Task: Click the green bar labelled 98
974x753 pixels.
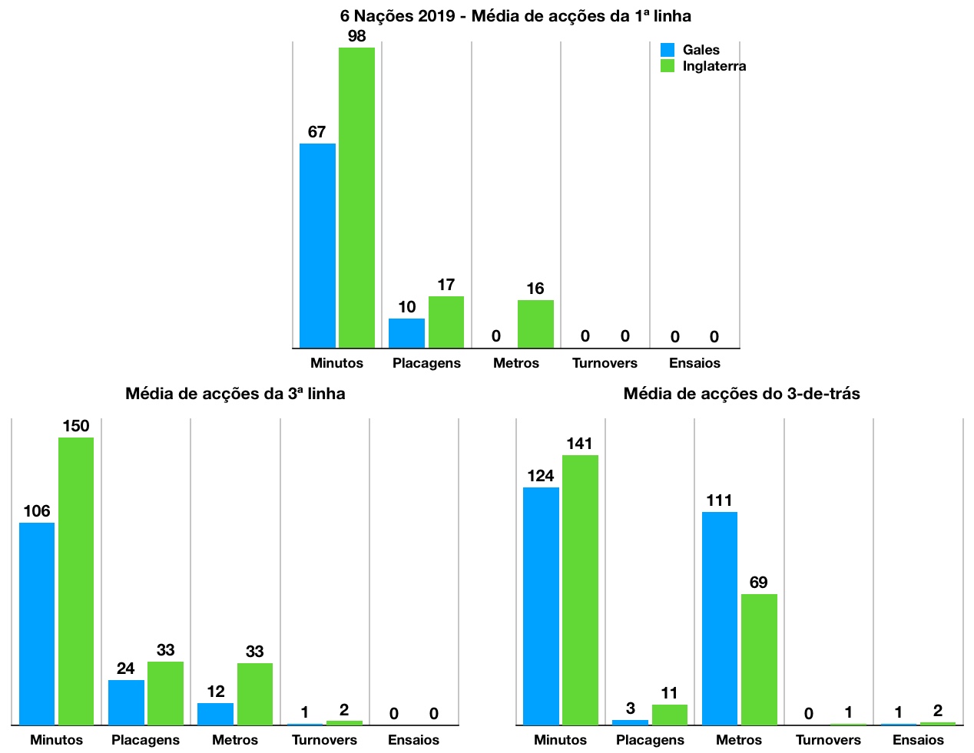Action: click(356, 197)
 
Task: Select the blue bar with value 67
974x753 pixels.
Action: click(317, 246)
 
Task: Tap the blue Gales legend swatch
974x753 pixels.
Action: click(668, 50)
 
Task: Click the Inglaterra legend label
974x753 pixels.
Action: click(714, 66)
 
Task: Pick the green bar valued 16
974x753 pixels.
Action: click(535, 323)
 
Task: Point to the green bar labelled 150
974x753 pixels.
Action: click(76, 581)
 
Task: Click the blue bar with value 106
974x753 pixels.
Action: click(37, 623)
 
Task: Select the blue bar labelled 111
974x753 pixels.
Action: click(720, 618)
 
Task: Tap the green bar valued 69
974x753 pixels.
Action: click(759, 659)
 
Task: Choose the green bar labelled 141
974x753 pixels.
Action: click(580, 590)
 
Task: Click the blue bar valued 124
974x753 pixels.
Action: click(541, 606)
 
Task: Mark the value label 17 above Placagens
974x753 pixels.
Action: click(446, 285)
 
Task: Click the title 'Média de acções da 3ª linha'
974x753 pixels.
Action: click(235, 394)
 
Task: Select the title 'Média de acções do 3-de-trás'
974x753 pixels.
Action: click(741, 394)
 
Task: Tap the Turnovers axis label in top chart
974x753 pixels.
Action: click(605, 363)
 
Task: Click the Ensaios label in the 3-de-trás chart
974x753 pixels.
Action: click(918, 740)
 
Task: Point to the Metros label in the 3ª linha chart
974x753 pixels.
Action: click(235, 740)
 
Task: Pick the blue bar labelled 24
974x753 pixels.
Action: click(126, 702)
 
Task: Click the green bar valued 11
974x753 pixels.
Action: click(670, 715)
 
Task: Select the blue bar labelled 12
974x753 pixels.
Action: click(215, 714)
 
